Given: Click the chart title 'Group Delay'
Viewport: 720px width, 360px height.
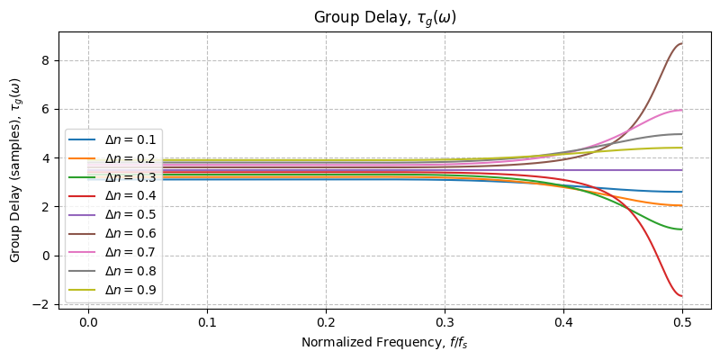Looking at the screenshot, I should point(385,18).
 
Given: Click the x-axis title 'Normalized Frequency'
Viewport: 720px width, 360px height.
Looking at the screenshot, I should point(385,342).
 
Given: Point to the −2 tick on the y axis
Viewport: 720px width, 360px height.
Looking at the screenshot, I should point(44,304).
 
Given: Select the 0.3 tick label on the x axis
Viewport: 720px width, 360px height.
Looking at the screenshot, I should point(445,321).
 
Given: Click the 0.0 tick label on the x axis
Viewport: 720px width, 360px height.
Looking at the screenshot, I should point(88,321).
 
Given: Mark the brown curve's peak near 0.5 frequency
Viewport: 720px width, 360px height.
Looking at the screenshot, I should point(681,44).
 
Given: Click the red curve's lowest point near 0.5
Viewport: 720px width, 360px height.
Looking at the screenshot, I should point(681,296).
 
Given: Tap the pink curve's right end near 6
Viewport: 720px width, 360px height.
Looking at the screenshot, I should point(681,111).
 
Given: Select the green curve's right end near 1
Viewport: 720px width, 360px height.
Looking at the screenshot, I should point(681,229).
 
